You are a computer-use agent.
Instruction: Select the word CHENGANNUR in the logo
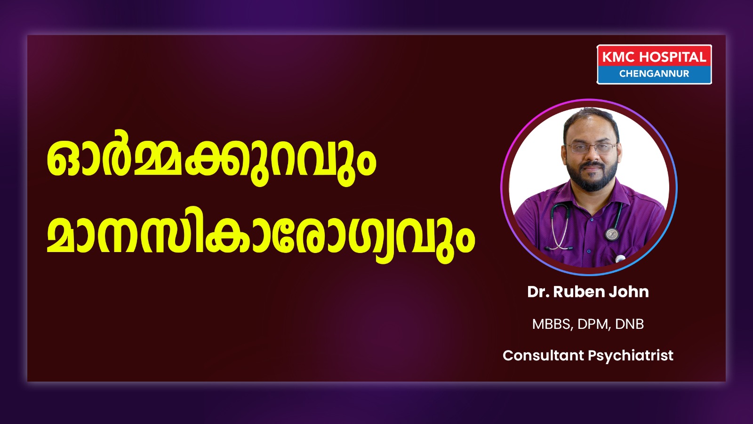pos(654,73)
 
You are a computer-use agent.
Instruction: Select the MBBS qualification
pos(553,324)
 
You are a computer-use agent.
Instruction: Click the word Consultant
pos(543,355)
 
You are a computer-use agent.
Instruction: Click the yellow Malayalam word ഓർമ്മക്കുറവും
pos(211,162)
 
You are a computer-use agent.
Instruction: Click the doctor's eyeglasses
pos(592,148)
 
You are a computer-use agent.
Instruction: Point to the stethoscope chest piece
pos(612,233)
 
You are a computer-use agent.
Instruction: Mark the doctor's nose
pos(592,155)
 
